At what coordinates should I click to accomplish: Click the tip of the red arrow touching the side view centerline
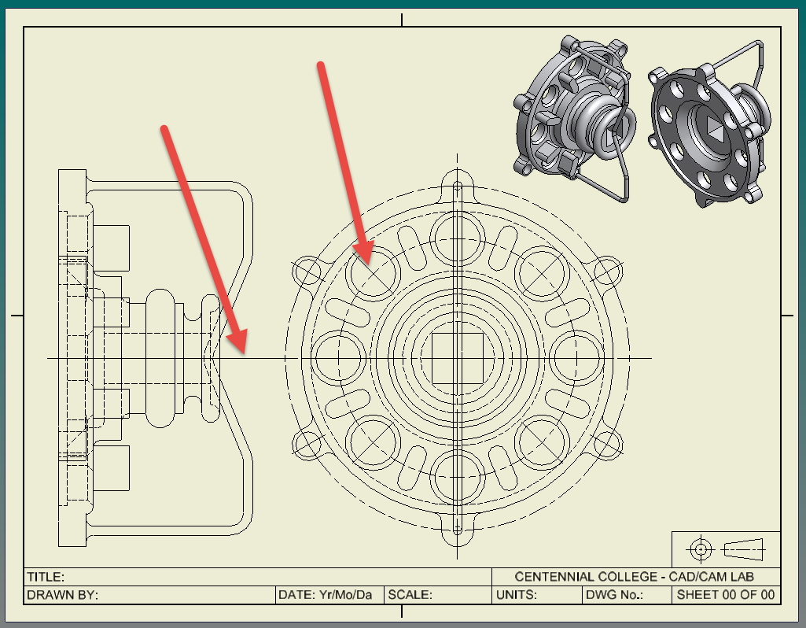click(x=245, y=354)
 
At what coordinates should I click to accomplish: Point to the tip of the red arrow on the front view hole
click(x=370, y=265)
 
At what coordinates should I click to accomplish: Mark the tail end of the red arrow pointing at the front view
click(x=321, y=65)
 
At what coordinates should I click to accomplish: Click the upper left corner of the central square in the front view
click(x=431, y=333)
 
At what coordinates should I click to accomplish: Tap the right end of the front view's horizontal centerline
click(x=652, y=358)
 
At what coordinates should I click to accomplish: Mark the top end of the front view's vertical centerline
click(x=458, y=153)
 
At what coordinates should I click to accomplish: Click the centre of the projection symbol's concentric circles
click(x=700, y=549)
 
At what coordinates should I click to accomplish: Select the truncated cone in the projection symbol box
click(x=743, y=549)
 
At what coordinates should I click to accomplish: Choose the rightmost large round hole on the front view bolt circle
click(x=576, y=358)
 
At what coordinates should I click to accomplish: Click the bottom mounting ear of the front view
click(x=458, y=530)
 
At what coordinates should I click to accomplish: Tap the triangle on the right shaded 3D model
click(x=714, y=127)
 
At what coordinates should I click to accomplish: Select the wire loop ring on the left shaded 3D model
click(x=620, y=127)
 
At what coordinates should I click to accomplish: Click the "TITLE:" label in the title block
click(x=46, y=577)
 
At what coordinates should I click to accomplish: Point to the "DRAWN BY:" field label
click(x=62, y=595)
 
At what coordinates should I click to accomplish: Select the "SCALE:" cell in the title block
click(x=410, y=595)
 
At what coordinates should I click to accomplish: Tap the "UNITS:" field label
click(x=516, y=595)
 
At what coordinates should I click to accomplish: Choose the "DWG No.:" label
click(x=614, y=595)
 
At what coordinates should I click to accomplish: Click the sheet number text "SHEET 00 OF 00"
click(x=725, y=595)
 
